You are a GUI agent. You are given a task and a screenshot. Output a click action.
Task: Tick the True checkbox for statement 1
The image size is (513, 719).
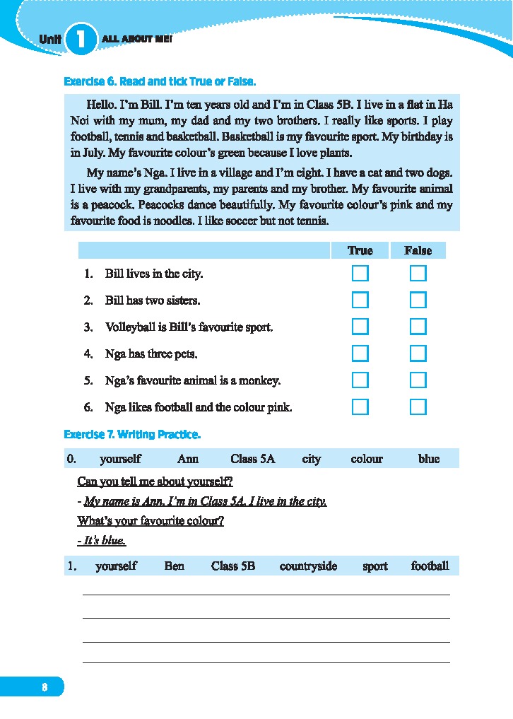point(360,274)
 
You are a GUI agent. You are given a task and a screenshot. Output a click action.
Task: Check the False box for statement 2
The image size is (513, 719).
point(418,300)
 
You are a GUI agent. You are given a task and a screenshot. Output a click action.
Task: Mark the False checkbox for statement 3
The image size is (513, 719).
point(418,327)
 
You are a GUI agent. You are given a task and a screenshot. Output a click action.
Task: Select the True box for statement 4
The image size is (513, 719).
point(360,353)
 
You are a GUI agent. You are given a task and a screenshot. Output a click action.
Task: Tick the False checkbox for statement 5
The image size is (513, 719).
point(418,380)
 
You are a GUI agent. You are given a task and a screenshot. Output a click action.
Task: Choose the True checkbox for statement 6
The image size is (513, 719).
point(360,407)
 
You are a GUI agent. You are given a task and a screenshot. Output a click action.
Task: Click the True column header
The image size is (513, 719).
point(360,250)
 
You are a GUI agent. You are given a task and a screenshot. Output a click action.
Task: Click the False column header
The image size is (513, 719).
point(418,250)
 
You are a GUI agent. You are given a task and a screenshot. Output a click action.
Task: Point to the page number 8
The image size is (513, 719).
point(45,686)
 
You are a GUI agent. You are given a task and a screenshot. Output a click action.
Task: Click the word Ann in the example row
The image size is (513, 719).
point(188,459)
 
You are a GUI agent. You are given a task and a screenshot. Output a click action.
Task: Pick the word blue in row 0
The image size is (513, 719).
point(429,459)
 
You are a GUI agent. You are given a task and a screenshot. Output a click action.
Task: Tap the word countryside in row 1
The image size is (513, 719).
point(308,566)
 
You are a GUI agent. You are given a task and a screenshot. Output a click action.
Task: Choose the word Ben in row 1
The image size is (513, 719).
point(174,566)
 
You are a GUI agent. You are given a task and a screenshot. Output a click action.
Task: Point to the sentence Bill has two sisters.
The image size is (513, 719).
point(153,300)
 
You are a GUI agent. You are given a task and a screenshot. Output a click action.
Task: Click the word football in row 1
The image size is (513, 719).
point(430,566)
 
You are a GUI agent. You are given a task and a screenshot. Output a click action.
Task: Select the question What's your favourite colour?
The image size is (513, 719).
point(151,522)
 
